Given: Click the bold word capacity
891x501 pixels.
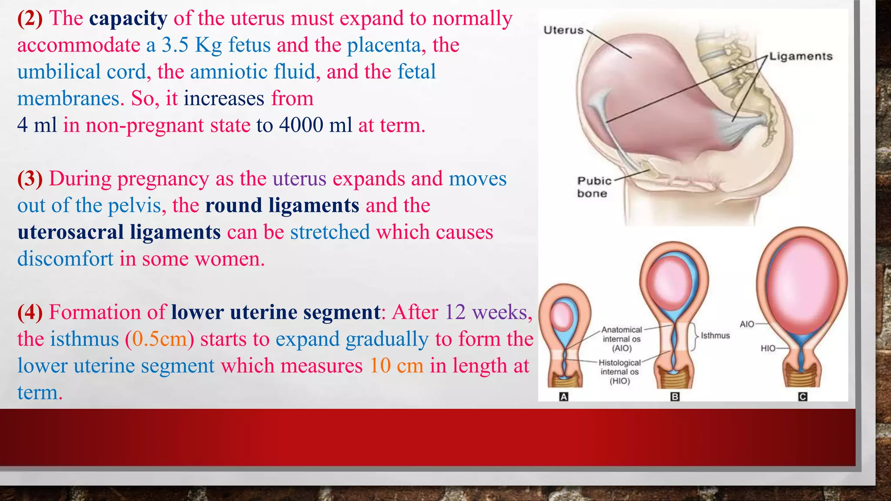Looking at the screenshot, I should [x=128, y=19].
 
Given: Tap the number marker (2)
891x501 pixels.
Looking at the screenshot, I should [x=30, y=19].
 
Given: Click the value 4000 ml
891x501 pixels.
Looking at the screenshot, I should [x=315, y=125].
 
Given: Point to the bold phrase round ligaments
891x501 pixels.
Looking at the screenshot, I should [x=282, y=205].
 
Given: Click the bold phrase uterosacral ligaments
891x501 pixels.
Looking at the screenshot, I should [x=119, y=232].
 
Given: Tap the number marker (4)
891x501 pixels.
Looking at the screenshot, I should [x=30, y=312].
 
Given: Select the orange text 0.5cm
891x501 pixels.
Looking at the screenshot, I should [x=159, y=339].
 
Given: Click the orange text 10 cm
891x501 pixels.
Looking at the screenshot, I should [x=396, y=366].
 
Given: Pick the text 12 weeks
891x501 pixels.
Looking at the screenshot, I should [x=486, y=312].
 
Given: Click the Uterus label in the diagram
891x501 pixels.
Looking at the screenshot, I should [x=563, y=30].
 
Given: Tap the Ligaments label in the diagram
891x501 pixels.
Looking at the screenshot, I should [x=801, y=57].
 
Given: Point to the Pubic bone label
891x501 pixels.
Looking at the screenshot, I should [x=593, y=187].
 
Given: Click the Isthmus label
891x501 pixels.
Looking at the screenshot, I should [x=715, y=336].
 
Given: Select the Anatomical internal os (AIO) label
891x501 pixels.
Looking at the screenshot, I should [x=621, y=339].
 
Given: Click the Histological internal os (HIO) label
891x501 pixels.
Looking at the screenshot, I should [x=620, y=371].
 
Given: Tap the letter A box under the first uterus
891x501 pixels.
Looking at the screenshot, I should [x=563, y=397].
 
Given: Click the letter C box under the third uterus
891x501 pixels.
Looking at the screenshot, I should [x=803, y=397].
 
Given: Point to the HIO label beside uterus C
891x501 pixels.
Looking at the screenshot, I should [x=767, y=348].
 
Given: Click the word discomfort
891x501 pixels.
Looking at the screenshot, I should [x=65, y=259].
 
